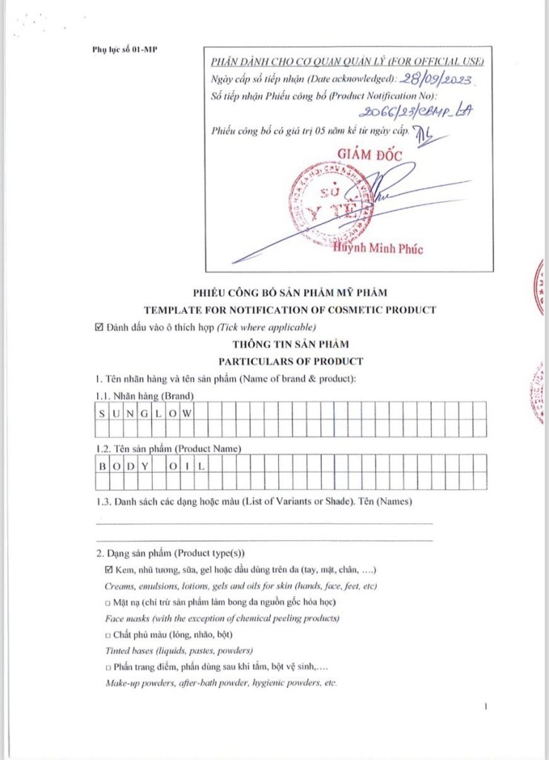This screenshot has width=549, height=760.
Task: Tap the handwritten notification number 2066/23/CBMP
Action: pos(415,112)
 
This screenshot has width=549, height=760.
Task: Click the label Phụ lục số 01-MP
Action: pos(125,50)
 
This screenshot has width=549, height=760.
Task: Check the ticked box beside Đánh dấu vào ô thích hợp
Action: pos(100,327)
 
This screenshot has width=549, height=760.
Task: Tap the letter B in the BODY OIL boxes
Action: pos(102,466)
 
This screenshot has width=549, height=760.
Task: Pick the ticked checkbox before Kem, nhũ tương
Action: pos(109,569)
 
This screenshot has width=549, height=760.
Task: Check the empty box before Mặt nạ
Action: pos(108,602)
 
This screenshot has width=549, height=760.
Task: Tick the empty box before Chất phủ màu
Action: pos(108,635)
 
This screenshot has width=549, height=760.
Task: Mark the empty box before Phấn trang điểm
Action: pos(108,667)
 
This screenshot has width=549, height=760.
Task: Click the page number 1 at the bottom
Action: pos(485,707)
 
